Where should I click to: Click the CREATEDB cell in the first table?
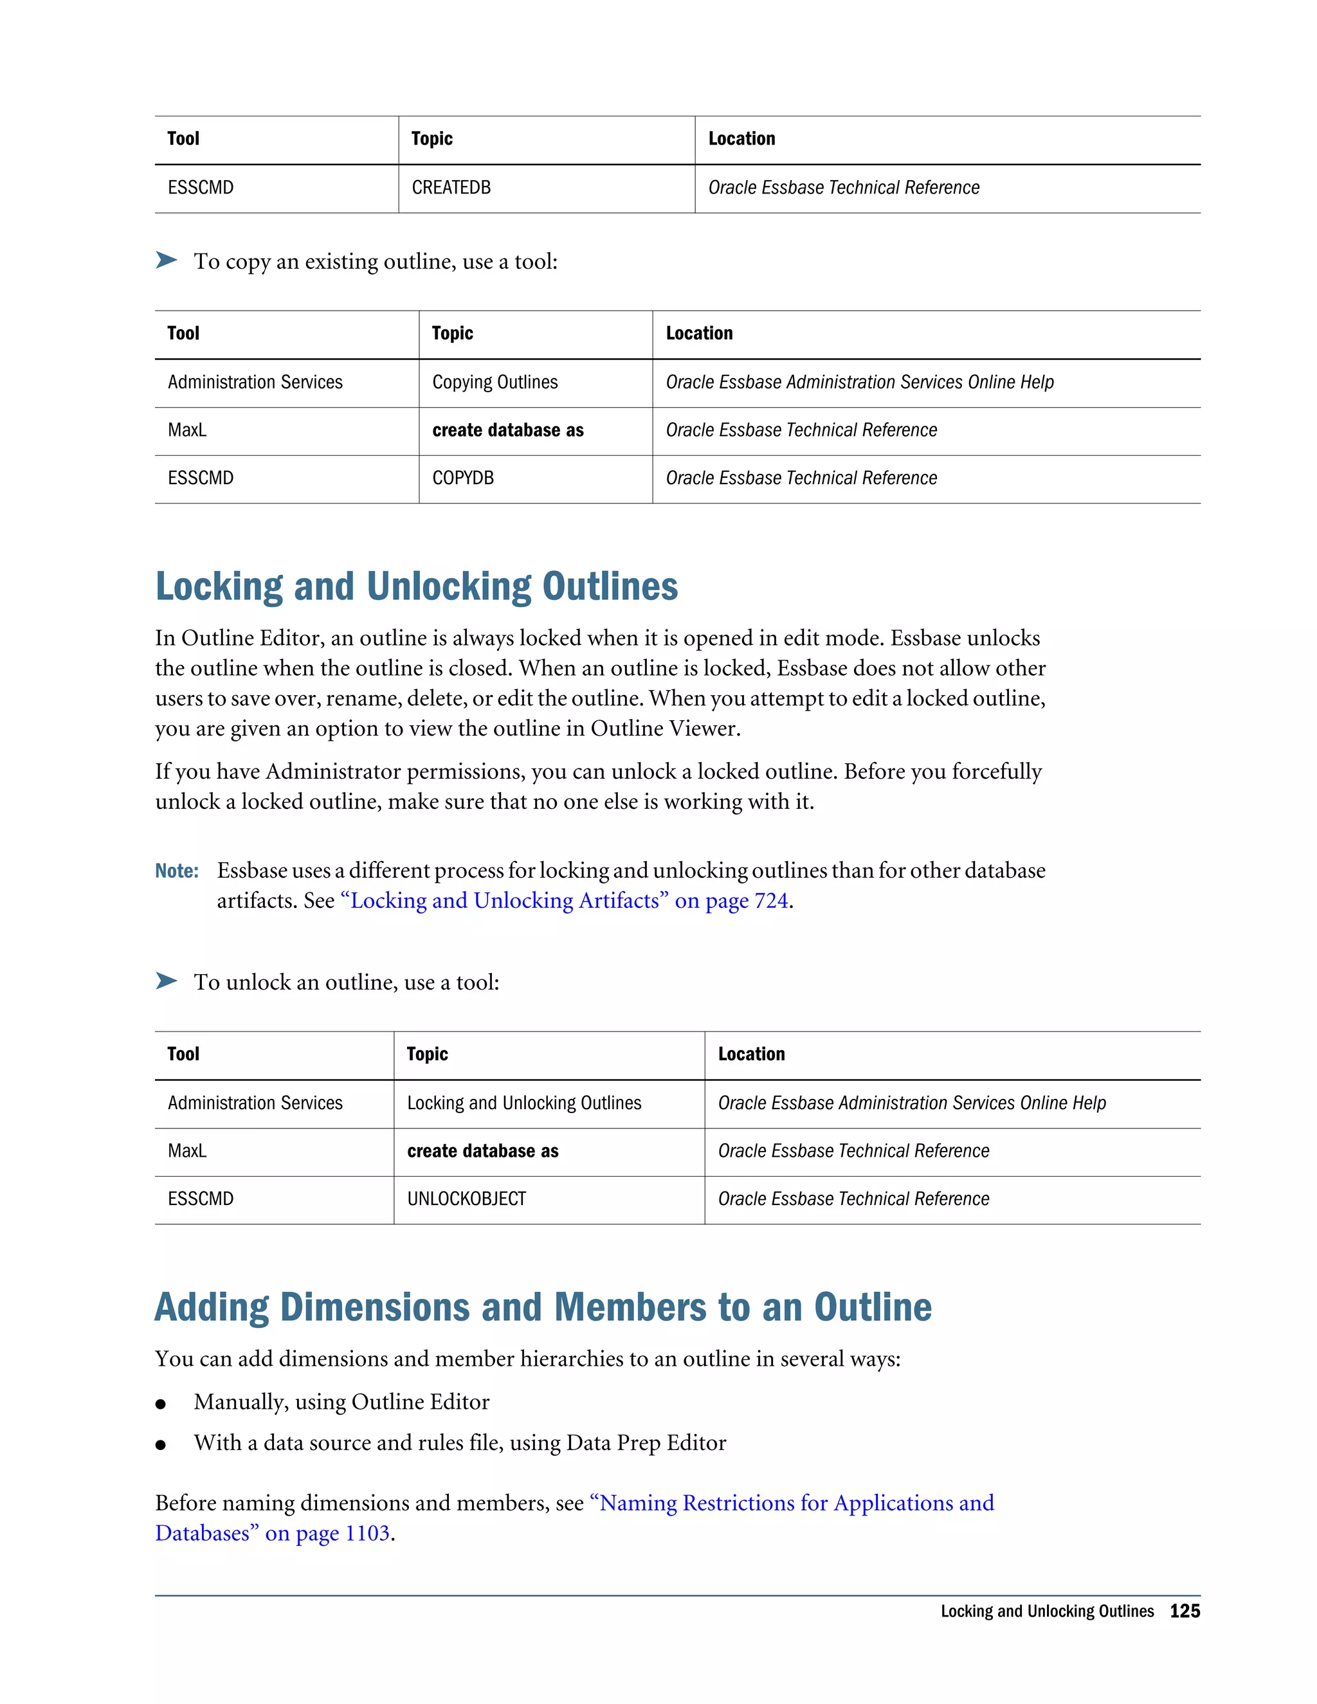[x=451, y=188]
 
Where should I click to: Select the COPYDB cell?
[x=462, y=478]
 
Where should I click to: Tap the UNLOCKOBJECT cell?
[x=467, y=1199]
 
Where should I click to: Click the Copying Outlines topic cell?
[x=495, y=383]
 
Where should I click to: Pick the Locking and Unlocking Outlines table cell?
[x=523, y=1103]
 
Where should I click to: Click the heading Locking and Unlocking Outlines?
[x=416, y=586]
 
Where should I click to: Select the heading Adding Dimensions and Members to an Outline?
[x=543, y=1308]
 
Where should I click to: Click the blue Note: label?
[x=176, y=871]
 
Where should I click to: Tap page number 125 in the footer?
[x=1185, y=1611]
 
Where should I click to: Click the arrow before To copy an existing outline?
[x=166, y=260]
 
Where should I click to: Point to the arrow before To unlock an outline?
[x=166, y=981]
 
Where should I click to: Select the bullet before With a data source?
[x=161, y=1445]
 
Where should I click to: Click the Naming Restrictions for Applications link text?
[x=792, y=1503]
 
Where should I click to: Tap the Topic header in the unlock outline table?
[x=427, y=1055]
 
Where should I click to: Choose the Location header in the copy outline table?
[x=699, y=334]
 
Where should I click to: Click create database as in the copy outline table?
[x=507, y=431]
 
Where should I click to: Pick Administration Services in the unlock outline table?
[x=255, y=1103]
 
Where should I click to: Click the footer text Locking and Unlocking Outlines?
[x=1046, y=1611]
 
